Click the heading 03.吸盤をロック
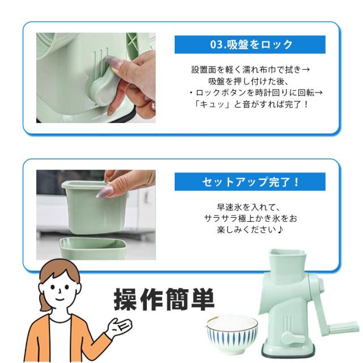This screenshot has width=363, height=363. coord(251,44)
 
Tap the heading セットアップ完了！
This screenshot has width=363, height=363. coord(251,182)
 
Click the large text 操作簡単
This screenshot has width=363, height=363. coord(164,299)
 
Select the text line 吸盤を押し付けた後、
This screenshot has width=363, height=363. coord(248,81)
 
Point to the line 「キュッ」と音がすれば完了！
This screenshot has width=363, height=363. coord(251,104)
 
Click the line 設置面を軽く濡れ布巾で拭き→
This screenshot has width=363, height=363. coord(251,70)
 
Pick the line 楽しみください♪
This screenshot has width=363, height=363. coord(250,230)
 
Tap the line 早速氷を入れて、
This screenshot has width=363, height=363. coord(249,207)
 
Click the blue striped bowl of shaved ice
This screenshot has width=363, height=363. coord(232,332)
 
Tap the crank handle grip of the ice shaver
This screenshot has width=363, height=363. coord(343,327)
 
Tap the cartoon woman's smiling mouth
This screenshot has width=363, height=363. coord(60,298)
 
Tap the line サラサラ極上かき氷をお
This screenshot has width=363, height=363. coord(251,218)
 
